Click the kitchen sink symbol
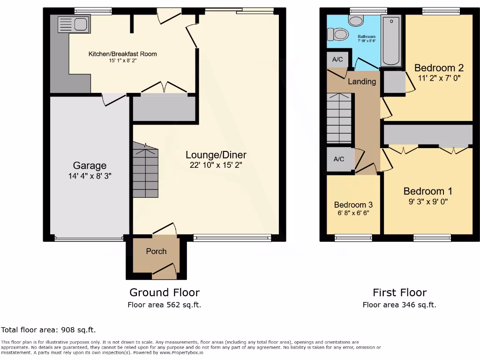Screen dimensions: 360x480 click(x=74, y=23)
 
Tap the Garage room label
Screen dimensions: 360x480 click(x=89, y=165)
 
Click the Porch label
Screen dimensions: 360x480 click(x=156, y=251)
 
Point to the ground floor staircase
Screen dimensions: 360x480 click(x=146, y=171)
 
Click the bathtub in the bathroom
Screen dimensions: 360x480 click(x=392, y=41)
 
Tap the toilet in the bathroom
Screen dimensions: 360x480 click(x=338, y=34)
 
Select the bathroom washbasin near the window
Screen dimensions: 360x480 click(x=357, y=20)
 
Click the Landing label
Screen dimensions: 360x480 click(x=361, y=82)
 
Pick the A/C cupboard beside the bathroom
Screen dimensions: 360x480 click(x=337, y=60)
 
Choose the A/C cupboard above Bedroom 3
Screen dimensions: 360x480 click(x=339, y=159)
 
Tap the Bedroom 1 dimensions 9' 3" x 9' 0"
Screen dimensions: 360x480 click(x=427, y=202)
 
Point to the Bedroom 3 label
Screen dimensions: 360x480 click(x=353, y=205)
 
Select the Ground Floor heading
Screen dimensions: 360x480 click(x=165, y=292)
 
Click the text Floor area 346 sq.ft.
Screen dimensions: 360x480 click(x=399, y=305)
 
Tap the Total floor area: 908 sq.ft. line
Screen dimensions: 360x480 click(x=48, y=330)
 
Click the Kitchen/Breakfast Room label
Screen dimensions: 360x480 click(x=123, y=54)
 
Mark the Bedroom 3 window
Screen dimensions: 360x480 click(x=353, y=238)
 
